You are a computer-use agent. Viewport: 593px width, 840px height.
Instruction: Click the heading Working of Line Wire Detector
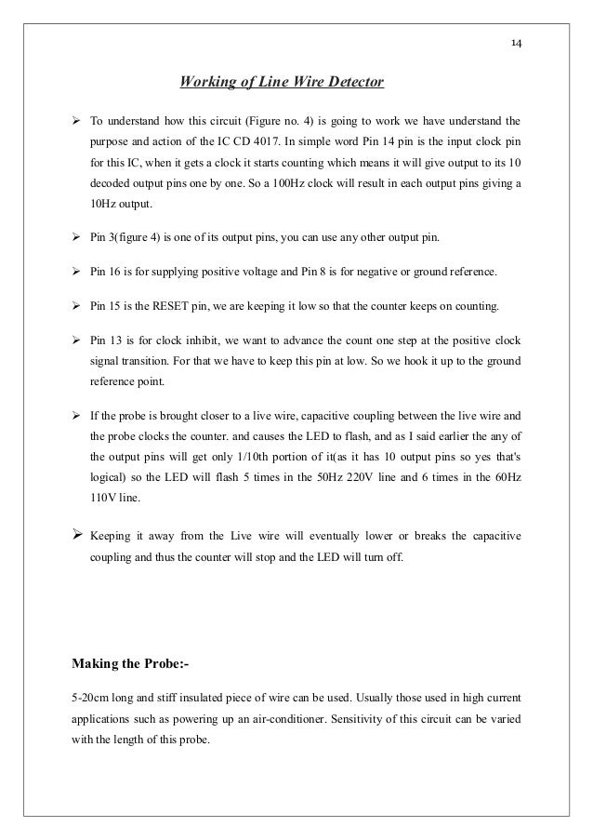click(282, 84)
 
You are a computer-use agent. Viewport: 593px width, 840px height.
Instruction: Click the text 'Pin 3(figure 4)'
click(128, 238)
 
